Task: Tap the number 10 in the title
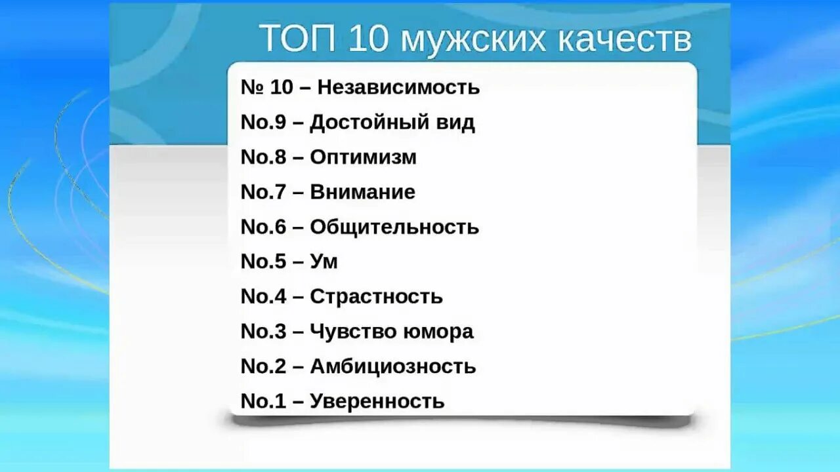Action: (369, 38)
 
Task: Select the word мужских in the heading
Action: (472, 39)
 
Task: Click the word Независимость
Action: (398, 87)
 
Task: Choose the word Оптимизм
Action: (363, 157)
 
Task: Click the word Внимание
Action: (362, 192)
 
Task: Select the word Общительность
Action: (394, 227)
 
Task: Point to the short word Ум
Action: (324, 262)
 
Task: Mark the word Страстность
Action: (376, 296)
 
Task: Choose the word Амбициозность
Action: (392, 366)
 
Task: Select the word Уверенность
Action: (377, 401)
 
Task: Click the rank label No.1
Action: (263, 401)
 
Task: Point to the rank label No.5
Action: (263, 262)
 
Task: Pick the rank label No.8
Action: (263, 157)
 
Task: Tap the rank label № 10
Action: (267, 87)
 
